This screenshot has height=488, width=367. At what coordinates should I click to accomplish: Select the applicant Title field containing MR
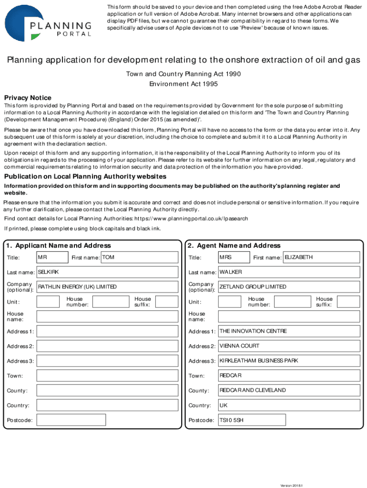coord(52,258)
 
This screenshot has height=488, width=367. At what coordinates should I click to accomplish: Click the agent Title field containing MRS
coord(234,258)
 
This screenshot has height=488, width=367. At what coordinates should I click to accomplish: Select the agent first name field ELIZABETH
coord(321,258)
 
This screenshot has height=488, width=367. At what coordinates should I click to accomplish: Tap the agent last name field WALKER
coord(289,272)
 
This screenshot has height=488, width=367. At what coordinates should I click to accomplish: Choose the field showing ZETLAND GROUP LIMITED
coord(289,287)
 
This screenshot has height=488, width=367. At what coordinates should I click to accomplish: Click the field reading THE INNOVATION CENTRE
coord(289,331)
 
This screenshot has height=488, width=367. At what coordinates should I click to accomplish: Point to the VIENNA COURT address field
coord(289,346)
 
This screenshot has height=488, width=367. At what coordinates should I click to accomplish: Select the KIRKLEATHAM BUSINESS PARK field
coord(289,361)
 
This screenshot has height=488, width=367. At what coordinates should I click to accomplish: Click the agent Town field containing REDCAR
coord(289,376)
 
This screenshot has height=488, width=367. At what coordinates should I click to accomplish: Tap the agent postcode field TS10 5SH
coord(252,420)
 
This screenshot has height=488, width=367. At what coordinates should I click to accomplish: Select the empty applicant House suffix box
coord(167,302)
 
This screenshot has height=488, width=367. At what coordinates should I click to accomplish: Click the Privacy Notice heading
coord(28,98)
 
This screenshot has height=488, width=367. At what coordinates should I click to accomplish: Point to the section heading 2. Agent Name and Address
coord(234,245)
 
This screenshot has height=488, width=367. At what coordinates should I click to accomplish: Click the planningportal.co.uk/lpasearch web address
coord(191,219)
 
